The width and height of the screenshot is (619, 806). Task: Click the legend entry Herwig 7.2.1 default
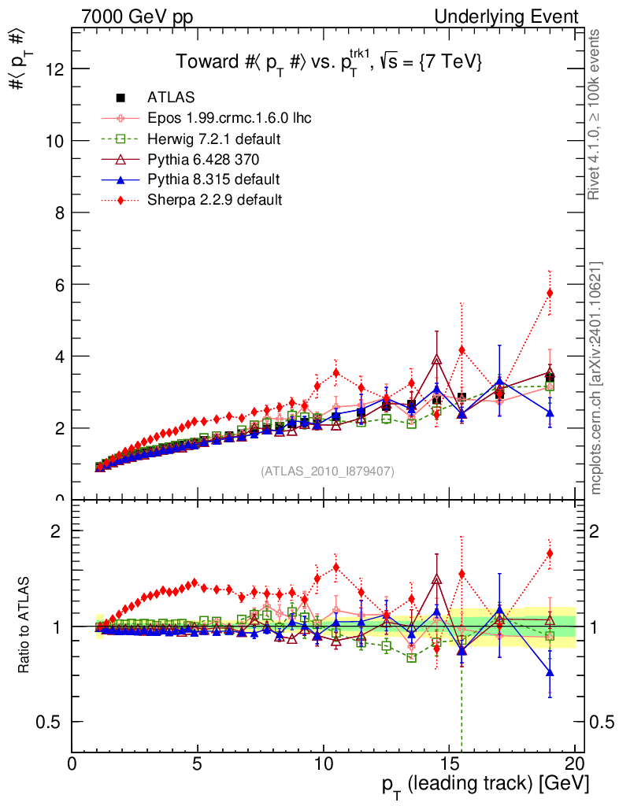214,139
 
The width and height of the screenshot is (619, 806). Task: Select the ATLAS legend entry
171,98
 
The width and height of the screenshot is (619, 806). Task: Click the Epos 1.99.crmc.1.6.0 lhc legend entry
229,119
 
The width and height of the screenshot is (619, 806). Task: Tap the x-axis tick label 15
449,764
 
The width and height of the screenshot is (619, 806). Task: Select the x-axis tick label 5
198,764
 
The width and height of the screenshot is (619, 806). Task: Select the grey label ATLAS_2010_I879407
328,471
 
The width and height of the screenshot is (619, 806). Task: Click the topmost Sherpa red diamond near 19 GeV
550,293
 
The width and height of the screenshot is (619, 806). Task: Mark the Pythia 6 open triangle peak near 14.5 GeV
437,360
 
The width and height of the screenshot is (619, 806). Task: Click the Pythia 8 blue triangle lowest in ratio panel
550,672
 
